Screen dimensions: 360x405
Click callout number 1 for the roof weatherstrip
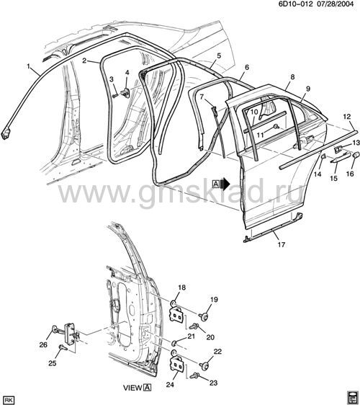coord(28,66)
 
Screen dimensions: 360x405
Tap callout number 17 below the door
coord(282,244)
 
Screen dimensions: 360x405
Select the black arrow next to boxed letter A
coord(226,184)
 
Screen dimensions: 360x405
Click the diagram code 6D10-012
coord(295,4)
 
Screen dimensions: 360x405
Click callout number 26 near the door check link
coord(43,344)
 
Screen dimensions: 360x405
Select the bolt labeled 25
coord(63,347)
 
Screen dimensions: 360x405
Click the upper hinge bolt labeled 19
coord(204,316)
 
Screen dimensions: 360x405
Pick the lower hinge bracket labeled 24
coord(177,363)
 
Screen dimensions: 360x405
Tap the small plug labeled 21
coord(174,343)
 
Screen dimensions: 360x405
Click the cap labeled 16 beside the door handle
coord(356,155)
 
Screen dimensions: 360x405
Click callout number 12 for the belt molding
coord(347,117)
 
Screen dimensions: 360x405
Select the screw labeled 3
coord(115,96)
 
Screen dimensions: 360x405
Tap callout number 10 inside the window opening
coord(254,112)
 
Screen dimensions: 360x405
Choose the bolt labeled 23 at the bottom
coord(194,375)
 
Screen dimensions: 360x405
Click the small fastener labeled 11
coord(276,126)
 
